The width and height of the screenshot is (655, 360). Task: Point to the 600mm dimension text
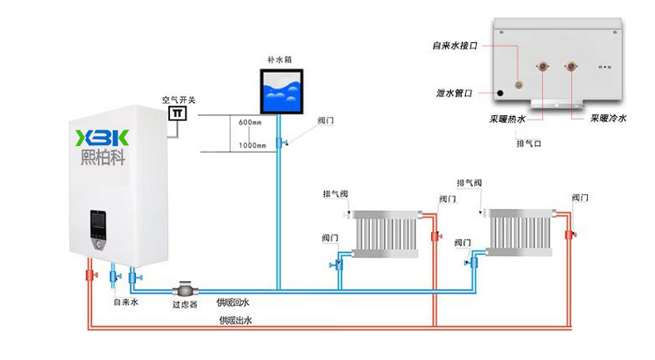250,123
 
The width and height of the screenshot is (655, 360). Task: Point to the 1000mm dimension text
252,146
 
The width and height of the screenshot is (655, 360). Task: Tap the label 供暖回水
233,303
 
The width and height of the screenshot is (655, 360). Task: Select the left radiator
386,233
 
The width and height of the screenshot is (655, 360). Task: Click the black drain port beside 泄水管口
500,94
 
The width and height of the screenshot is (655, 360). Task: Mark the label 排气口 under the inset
528,143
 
